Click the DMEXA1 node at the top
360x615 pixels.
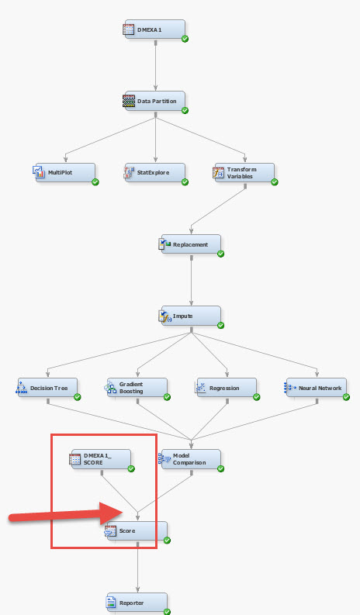click(x=154, y=29)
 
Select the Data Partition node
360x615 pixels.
click(x=154, y=101)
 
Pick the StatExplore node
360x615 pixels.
click(x=154, y=172)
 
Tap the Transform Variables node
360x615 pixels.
click(x=244, y=172)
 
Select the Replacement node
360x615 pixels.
click(x=191, y=244)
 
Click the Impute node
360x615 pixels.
click(x=191, y=316)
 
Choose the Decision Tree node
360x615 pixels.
click(x=49, y=388)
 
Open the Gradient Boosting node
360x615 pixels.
click(x=137, y=388)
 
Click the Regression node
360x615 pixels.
click(x=227, y=388)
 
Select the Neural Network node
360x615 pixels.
click(x=316, y=388)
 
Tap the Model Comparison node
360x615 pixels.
click(x=191, y=459)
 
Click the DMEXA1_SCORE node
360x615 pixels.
click(x=102, y=459)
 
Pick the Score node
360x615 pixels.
click(x=137, y=531)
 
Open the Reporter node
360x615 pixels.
click(x=137, y=603)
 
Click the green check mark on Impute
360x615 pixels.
click(x=220, y=325)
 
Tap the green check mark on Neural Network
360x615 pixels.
click(x=345, y=396)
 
